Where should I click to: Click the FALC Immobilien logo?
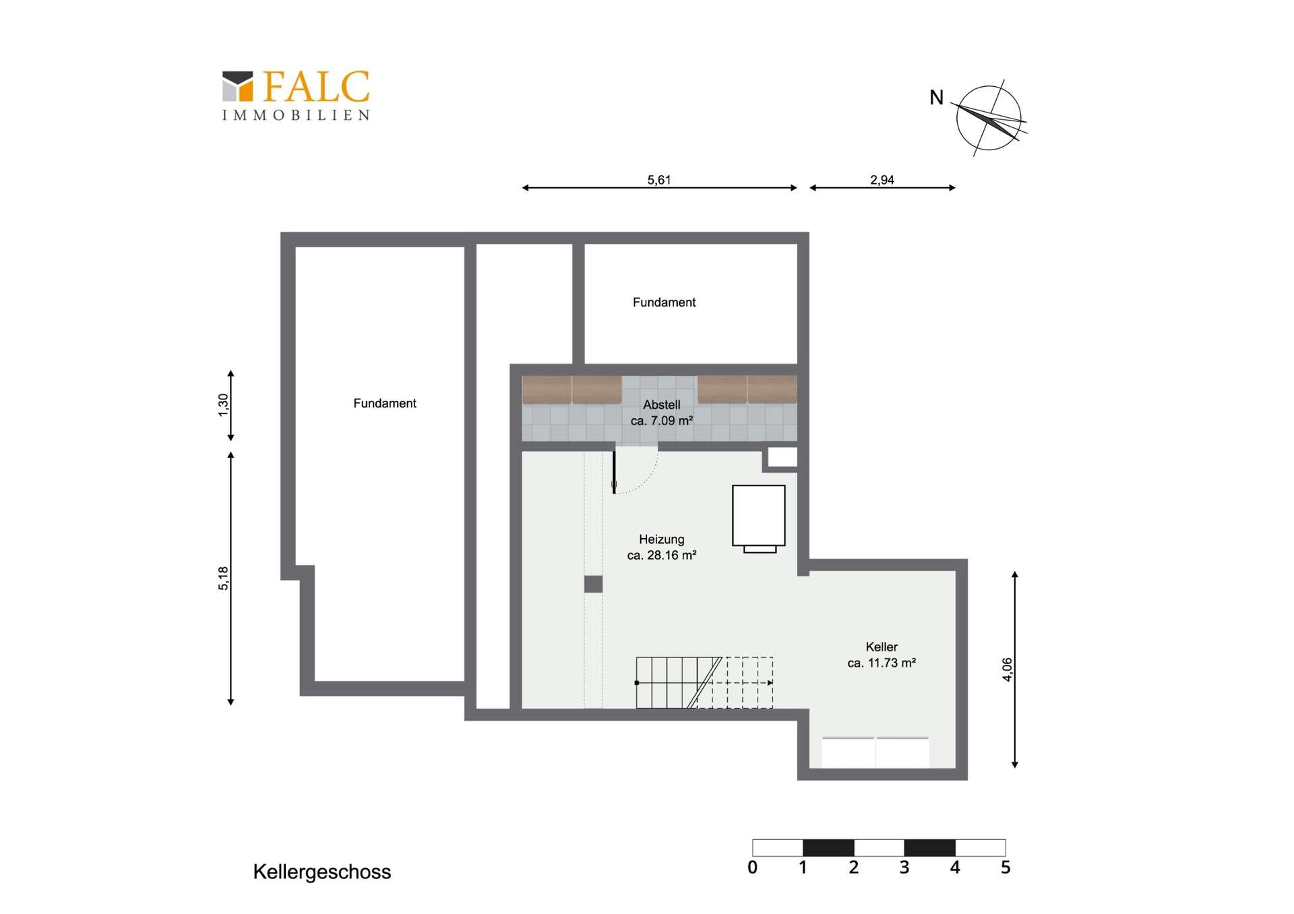pyautogui.click(x=296, y=96)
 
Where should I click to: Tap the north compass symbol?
pyautogui.click(x=989, y=118)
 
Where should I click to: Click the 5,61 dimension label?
pyautogui.click(x=658, y=180)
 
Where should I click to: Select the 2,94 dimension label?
pyautogui.click(x=882, y=180)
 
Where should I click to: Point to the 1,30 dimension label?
pyautogui.click(x=223, y=405)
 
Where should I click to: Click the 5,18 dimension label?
pyautogui.click(x=223, y=578)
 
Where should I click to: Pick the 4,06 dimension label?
pyautogui.click(x=1007, y=670)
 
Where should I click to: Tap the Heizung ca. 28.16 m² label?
pyautogui.click(x=661, y=547)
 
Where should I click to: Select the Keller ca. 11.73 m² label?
pyautogui.click(x=881, y=655)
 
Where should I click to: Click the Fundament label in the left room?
pyautogui.click(x=385, y=403)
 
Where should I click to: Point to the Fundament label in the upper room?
pyautogui.click(x=664, y=302)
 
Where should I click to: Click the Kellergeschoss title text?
pyautogui.click(x=321, y=872)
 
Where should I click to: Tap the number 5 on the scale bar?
pyautogui.click(x=1005, y=868)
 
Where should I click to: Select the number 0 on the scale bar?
pyautogui.click(x=752, y=868)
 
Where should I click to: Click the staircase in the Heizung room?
pyautogui.click(x=704, y=682)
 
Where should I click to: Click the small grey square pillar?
pyautogui.click(x=593, y=584)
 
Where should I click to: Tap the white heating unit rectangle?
pyautogui.click(x=759, y=515)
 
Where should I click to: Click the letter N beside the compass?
pyautogui.click(x=936, y=98)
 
